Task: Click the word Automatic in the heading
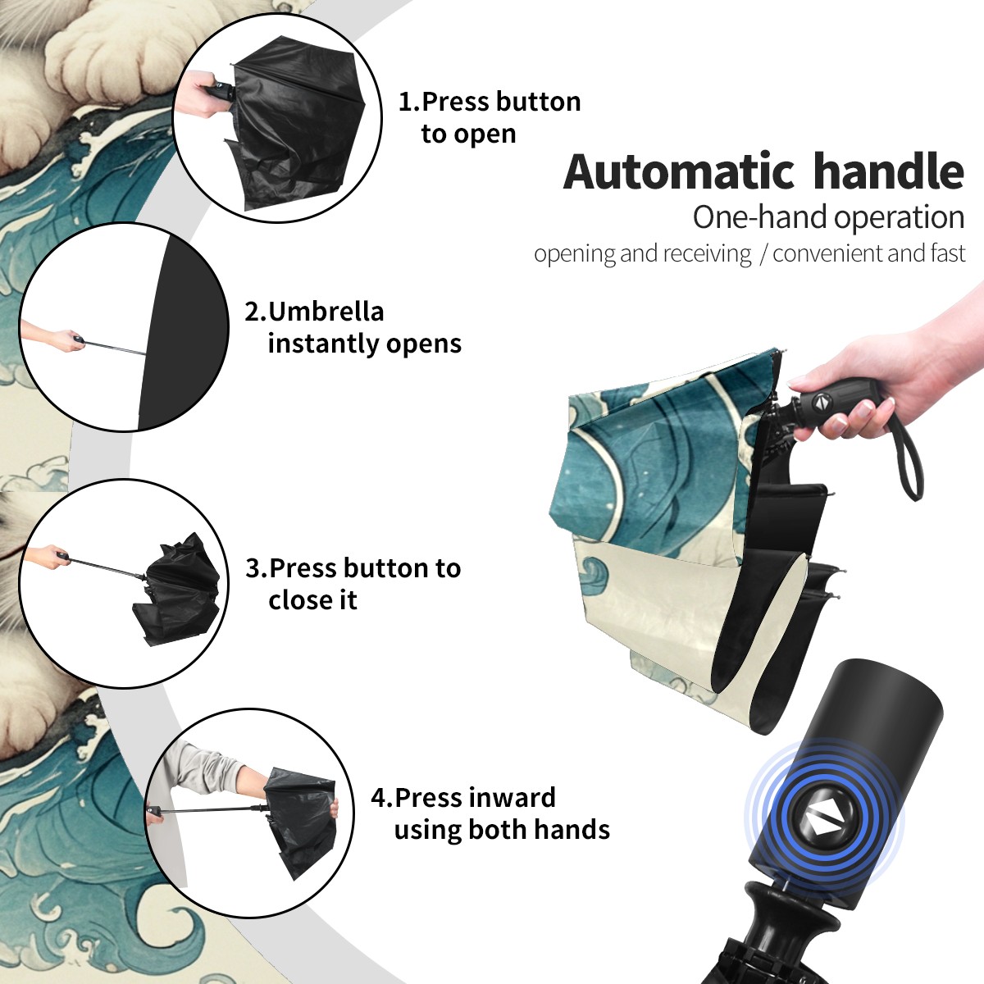pyautogui.click(x=679, y=171)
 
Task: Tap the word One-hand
pyautogui.click(x=760, y=217)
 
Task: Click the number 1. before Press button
pyautogui.click(x=408, y=102)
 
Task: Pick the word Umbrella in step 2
pyautogui.click(x=326, y=312)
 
